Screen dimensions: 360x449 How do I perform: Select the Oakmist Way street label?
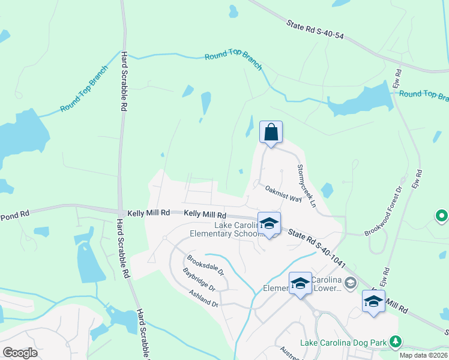pyautogui.click(x=283, y=194)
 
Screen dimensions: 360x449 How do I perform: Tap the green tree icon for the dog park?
pyautogui.click(x=395, y=342)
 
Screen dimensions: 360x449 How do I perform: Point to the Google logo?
pyautogui.click(x=20, y=352)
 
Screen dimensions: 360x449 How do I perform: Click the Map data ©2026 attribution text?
pyautogui.click(x=423, y=355)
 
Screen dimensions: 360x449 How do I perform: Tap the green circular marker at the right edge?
pyautogui.click(x=442, y=215)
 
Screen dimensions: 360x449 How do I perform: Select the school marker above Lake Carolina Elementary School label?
pyautogui.click(x=269, y=223)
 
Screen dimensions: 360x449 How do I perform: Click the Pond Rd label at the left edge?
pyautogui.click(x=14, y=214)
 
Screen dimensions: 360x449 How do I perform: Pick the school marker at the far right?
pyautogui.click(x=373, y=301)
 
